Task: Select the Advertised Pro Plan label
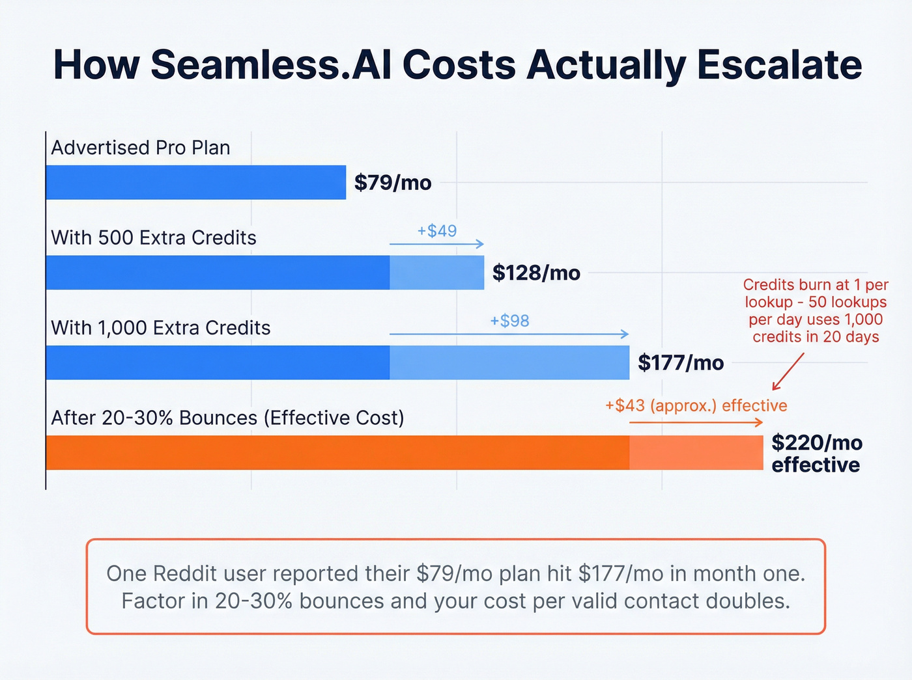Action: click(x=141, y=148)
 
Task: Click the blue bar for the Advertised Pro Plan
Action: click(x=195, y=182)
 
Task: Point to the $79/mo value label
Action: click(x=393, y=183)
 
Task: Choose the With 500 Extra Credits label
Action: click(x=154, y=238)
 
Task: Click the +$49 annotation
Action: click(x=437, y=231)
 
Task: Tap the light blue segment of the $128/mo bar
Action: click(x=436, y=273)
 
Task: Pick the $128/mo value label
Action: click(x=536, y=273)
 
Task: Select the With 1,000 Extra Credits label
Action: click(x=161, y=327)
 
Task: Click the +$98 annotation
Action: click(x=509, y=321)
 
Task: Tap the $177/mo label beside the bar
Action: click(x=681, y=362)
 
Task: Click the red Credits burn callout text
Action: click(x=816, y=311)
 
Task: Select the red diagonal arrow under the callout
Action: click(x=788, y=372)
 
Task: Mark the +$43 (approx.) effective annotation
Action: click(x=696, y=405)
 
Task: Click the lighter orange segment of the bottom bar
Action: click(x=696, y=453)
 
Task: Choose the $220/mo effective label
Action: click(x=816, y=454)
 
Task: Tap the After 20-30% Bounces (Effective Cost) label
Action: click(x=227, y=417)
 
